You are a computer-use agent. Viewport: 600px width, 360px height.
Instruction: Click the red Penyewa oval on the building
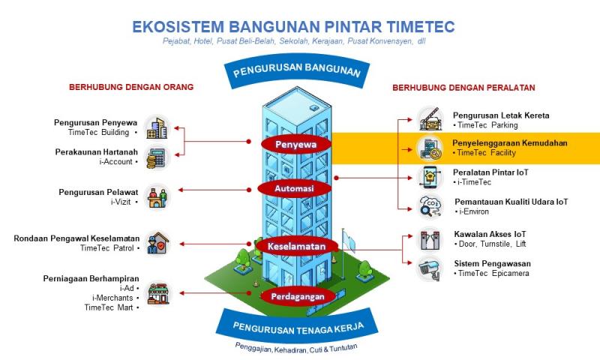(x=293, y=142)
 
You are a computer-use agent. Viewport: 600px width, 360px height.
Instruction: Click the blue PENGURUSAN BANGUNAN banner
(x=297, y=73)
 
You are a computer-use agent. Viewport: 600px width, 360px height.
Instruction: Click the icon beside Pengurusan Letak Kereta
(x=430, y=119)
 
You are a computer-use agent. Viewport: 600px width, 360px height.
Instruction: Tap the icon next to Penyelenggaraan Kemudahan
(x=430, y=148)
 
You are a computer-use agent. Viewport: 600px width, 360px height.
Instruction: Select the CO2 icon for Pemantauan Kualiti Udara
(x=430, y=205)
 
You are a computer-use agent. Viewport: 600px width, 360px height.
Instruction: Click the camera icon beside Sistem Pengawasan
(x=430, y=268)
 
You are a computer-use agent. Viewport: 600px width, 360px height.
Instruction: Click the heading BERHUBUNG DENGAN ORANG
(x=131, y=87)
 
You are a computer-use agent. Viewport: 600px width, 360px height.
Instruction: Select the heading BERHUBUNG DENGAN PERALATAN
(x=463, y=87)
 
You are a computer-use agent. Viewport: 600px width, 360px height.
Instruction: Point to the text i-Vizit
(x=122, y=202)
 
